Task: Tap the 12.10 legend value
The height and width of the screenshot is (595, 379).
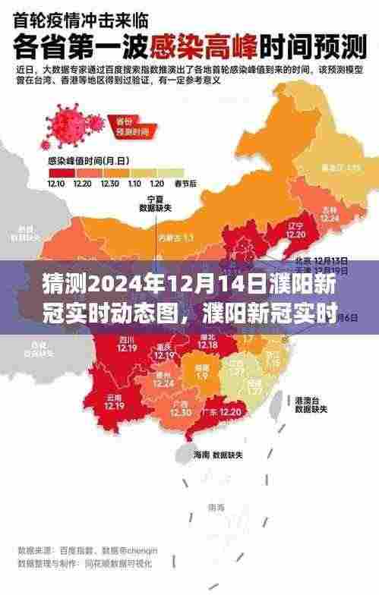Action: (x=56, y=183)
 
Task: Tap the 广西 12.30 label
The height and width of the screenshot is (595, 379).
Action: (x=180, y=409)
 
